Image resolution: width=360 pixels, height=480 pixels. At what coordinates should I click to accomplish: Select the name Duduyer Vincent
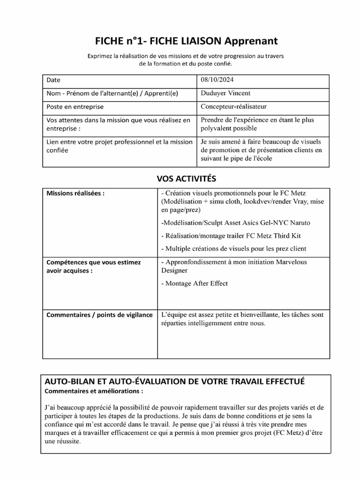[225, 93]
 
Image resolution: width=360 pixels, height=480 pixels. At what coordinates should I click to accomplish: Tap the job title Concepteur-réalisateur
[233, 106]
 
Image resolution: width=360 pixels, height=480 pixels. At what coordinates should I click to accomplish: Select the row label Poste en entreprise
[75, 107]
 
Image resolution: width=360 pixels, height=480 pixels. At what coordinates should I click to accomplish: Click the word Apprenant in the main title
[251, 41]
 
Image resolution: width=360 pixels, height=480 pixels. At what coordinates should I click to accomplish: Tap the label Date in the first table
[53, 80]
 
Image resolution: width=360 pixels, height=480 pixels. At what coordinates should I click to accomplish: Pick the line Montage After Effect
[194, 284]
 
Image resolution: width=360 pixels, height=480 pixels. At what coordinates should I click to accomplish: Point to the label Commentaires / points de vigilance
[99, 315]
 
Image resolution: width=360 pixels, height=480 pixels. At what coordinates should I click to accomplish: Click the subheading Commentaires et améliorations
[94, 390]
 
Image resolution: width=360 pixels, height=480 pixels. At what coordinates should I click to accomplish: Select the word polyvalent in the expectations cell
[216, 128]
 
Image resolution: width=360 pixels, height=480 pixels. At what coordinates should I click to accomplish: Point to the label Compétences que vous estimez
[93, 262]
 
